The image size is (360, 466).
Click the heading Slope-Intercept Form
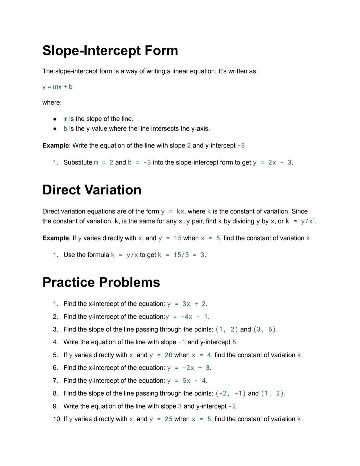click(110, 51)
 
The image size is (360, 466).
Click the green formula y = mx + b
click(57, 87)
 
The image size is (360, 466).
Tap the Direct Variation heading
click(92, 190)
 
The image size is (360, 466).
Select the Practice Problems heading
click(101, 282)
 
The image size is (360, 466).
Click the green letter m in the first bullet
click(65, 119)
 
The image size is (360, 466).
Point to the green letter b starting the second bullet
click(65, 129)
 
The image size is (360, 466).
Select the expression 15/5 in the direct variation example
click(181, 255)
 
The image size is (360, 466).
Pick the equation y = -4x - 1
click(187, 317)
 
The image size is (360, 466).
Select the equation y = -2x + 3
click(188, 368)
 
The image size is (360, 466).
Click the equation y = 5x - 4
click(186, 381)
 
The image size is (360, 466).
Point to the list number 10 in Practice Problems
click(57, 419)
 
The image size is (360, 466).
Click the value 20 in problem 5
click(168, 355)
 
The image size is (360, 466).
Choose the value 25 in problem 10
click(168, 419)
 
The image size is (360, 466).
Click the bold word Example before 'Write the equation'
click(55, 146)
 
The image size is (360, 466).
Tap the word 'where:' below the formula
click(52, 103)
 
